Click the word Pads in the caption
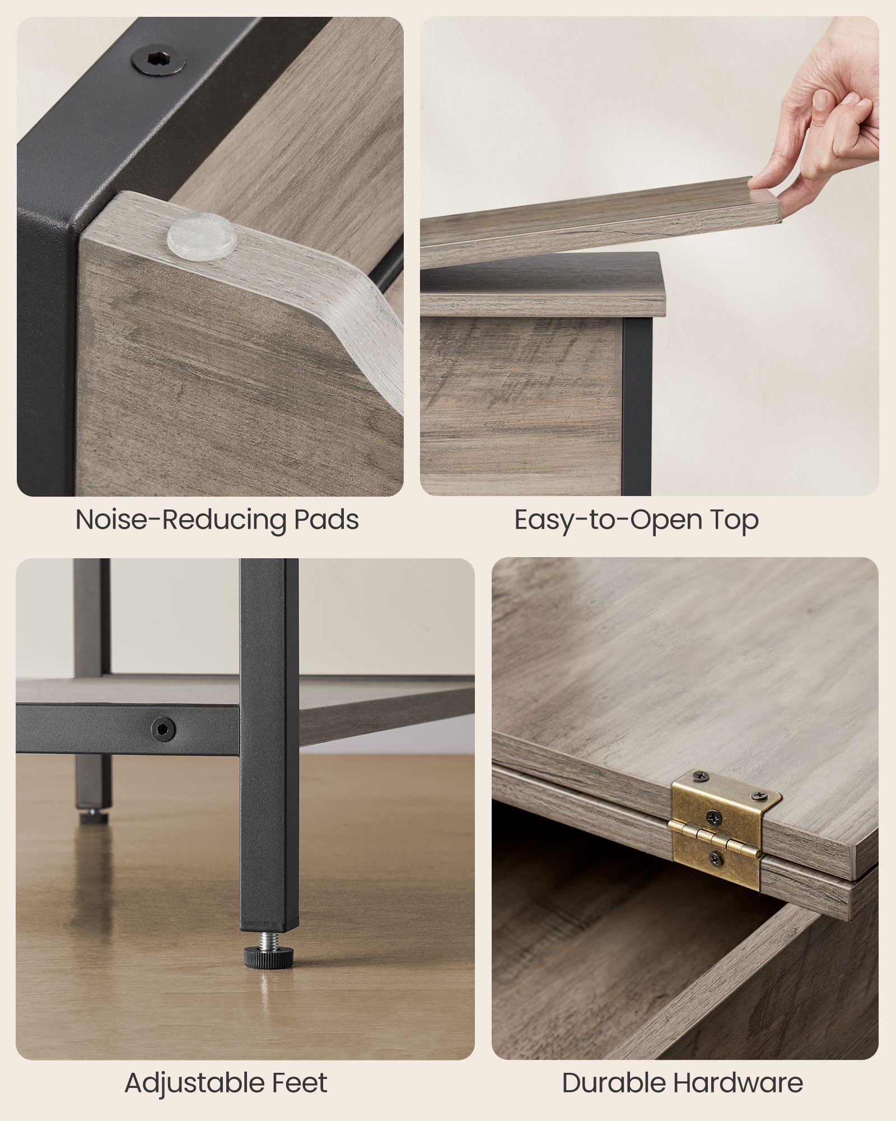click(x=326, y=520)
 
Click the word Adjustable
click(x=195, y=1083)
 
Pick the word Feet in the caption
click(x=300, y=1082)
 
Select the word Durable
click(x=613, y=1083)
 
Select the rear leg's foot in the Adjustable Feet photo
click(x=93, y=815)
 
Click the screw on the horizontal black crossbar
click(x=163, y=729)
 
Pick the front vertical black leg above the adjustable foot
click(x=269, y=745)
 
